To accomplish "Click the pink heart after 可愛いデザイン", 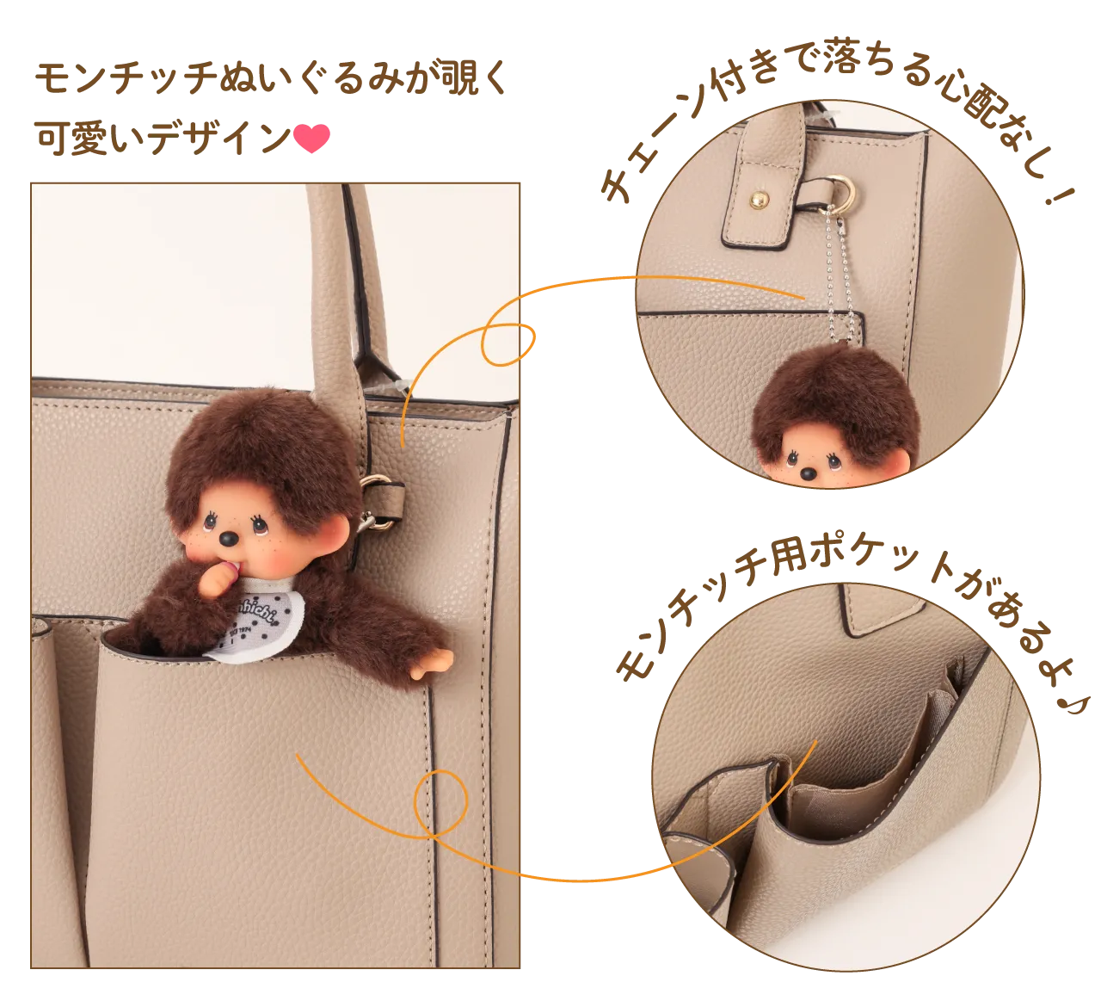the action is (311, 138).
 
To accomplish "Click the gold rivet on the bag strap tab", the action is (759, 198).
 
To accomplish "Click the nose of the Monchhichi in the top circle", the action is (808, 474).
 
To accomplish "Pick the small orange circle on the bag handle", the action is (507, 344).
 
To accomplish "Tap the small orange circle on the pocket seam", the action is (440, 804).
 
